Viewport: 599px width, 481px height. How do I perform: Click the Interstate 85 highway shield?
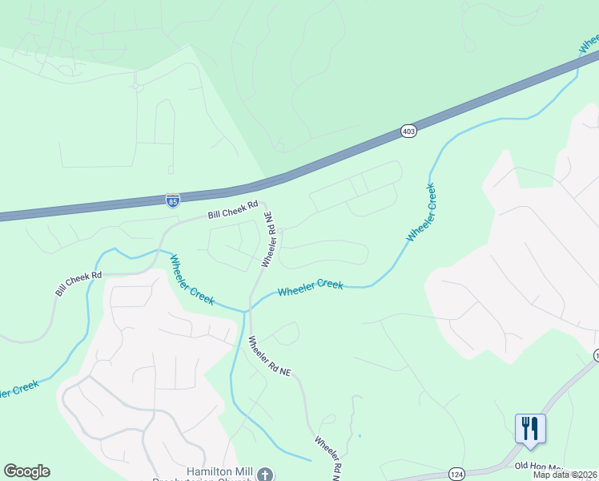pos(173,199)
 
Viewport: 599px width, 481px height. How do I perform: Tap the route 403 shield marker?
pos(408,131)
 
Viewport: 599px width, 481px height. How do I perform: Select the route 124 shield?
pos(456,473)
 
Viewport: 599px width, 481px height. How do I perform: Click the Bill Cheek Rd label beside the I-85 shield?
pos(233,210)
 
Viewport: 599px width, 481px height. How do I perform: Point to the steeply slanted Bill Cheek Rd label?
pos(78,285)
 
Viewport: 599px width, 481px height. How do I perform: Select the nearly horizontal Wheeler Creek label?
pos(311,288)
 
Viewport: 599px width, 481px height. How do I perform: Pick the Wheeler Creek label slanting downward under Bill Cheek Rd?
pos(191,279)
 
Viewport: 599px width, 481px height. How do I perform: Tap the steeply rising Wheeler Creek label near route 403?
pos(421,212)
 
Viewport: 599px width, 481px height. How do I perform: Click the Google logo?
pos(26,471)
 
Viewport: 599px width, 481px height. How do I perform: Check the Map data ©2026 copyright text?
pos(565,475)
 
